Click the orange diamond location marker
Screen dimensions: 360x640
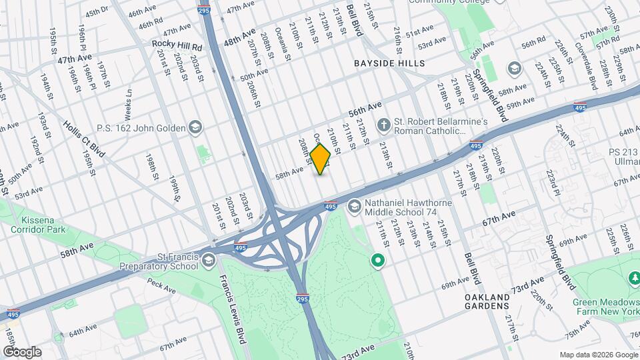tap(321, 159)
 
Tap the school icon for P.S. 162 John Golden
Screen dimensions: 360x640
tap(195, 126)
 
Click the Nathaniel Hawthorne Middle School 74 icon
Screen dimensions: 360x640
tap(354, 206)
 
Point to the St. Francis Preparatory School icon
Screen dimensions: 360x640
tap(209, 259)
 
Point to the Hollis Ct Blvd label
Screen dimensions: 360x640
tap(85, 138)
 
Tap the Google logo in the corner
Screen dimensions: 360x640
tap(22, 351)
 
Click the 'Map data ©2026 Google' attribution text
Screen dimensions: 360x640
tap(598, 355)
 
